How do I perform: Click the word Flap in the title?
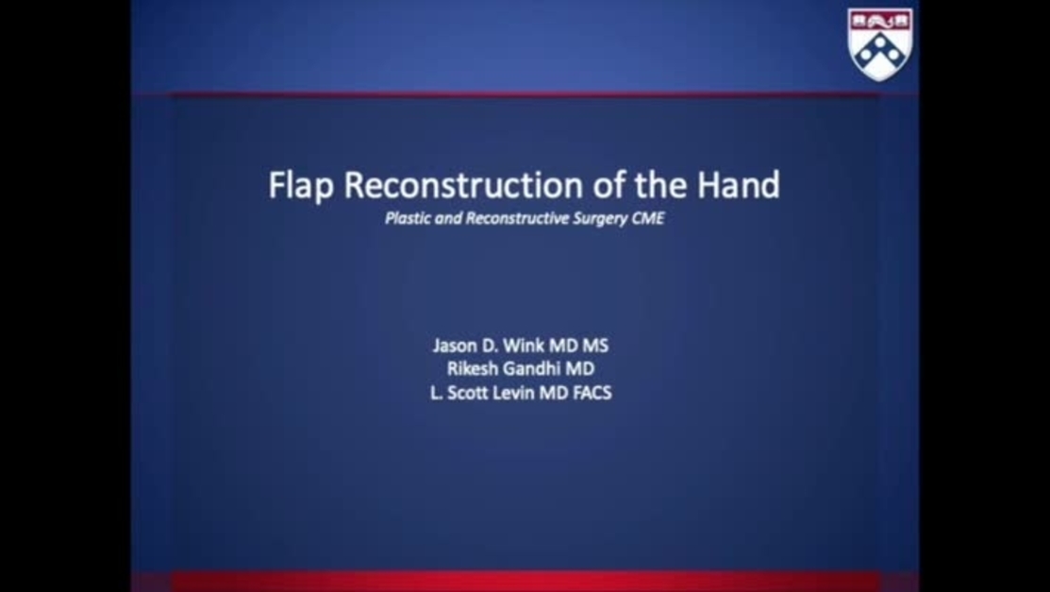tap(301, 185)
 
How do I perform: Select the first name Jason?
tap(455, 346)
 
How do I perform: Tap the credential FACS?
tap(592, 393)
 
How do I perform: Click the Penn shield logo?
tap(879, 43)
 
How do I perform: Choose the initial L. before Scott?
tap(437, 393)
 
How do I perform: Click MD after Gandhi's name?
tap(579, 369)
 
